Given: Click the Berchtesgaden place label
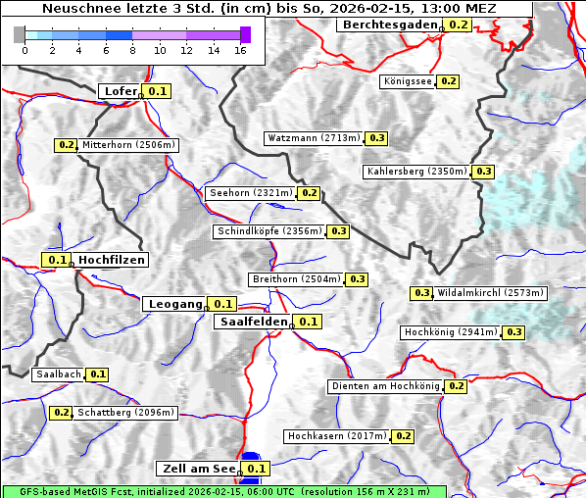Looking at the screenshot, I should (390, 25).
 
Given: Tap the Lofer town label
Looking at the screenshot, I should (120, 91).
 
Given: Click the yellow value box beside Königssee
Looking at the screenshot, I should (448, 81).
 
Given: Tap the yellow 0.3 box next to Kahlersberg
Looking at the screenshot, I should (484, 172).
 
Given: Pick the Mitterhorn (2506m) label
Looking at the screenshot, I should (128, 145).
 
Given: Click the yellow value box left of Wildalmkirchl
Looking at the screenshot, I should (422, 293).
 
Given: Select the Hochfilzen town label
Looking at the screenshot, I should (111, 260).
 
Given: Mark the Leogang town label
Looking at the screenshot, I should (175, 304).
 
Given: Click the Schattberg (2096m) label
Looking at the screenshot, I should (125, 413).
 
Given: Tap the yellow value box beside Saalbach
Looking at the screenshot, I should (97, 374).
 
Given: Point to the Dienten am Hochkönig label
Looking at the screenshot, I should (385, 386).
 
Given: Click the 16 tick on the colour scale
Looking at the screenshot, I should (241, 50).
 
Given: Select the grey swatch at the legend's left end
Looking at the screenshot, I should (20, 34).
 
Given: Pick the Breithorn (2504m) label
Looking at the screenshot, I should (295, 279).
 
